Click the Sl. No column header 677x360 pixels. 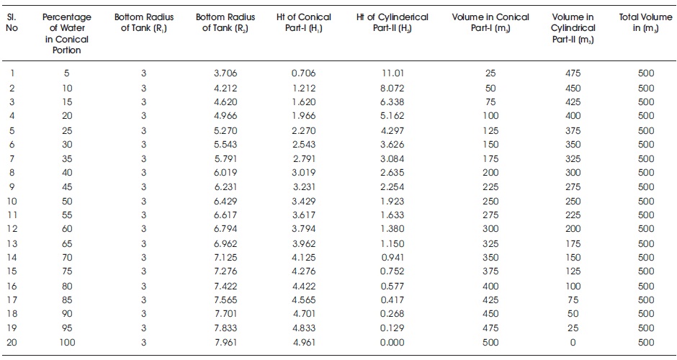coord(12,22)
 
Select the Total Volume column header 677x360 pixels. coord(645,22)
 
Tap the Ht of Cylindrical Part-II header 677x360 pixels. coord(392,22)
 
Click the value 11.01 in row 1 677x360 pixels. coord(393,73)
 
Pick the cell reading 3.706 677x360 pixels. coord(225,73)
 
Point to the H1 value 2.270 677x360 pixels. coord(303,131)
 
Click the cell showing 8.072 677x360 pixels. coord(392,88)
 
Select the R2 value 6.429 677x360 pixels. coord(225,201)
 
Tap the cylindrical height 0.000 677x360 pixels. coord(392,342)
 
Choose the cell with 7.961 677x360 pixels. coord(225,342)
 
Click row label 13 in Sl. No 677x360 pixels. coord(12,244)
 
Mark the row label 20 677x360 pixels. coord(12,342)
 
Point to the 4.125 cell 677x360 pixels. coord(303,257)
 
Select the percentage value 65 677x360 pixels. coord(67,244)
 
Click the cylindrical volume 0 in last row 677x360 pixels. coord(573,342)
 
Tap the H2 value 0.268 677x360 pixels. coord(392,313)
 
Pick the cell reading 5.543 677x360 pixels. coord(225,144)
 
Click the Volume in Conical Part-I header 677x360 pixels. coord(490,22)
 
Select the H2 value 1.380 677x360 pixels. coord(392,228)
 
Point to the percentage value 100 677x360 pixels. coord(67,342)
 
